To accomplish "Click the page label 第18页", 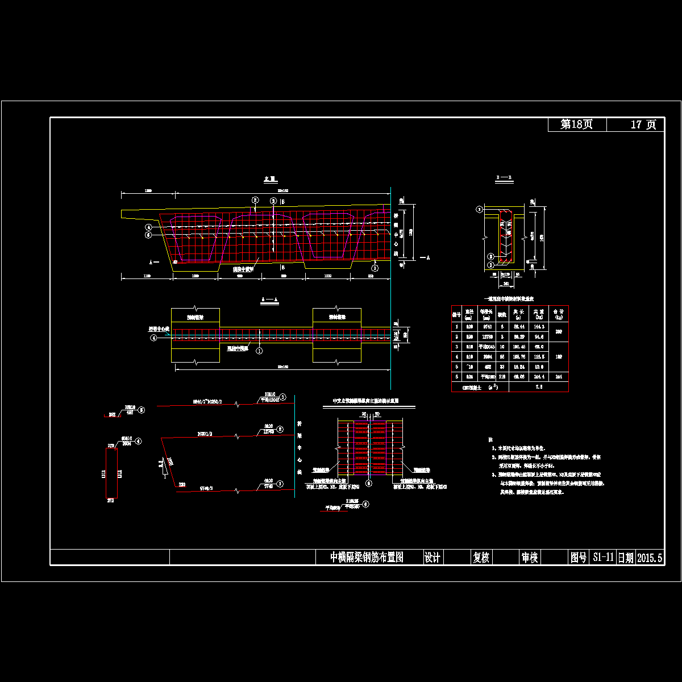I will pos(577,124).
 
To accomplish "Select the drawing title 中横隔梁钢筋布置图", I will pos(367,558).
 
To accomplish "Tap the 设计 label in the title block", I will pos(433,558).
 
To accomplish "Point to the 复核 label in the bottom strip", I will pos(481,558).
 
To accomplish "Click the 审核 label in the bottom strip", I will pos(530,558).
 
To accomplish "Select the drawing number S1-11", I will pos(602,558).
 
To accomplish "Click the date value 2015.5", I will pos(650,558).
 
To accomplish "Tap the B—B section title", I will pos(503,178).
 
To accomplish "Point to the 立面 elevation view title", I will pos(269,178).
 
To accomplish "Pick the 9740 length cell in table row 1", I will pos(485,327).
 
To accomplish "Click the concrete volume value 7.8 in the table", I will pos(540,386).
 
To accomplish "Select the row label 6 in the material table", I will pos(456,376).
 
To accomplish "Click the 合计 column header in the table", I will pos(558,313).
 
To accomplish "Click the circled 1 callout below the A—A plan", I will pos(260,351).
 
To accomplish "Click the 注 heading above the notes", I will pos(490,439).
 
